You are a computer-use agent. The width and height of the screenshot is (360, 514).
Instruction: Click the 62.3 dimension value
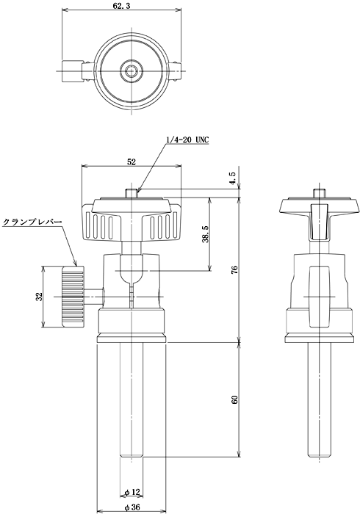122,5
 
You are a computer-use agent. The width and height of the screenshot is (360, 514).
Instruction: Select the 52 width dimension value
132,162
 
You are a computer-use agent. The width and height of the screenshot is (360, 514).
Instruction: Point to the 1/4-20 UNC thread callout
187,140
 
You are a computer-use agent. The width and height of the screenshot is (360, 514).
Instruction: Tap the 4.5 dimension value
233,178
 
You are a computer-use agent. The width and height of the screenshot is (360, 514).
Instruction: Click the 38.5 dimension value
205,234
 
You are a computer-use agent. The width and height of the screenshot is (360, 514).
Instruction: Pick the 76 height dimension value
234,269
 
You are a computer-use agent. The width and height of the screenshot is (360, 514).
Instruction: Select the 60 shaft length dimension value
234,399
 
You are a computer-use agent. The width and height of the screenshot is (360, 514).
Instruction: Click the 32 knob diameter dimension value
40,297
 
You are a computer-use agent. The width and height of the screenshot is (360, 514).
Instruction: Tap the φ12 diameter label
132,492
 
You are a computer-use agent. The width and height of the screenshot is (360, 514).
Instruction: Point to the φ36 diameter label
132,507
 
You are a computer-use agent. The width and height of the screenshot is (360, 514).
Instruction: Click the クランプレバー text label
32,222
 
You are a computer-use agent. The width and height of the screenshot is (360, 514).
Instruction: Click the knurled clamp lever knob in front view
73,297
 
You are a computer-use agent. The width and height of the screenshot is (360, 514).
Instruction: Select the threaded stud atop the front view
132,193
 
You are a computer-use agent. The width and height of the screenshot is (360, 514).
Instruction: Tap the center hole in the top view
132,70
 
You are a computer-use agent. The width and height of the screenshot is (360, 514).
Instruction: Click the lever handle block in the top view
72,70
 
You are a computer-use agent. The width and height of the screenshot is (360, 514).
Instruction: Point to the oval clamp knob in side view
319,297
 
